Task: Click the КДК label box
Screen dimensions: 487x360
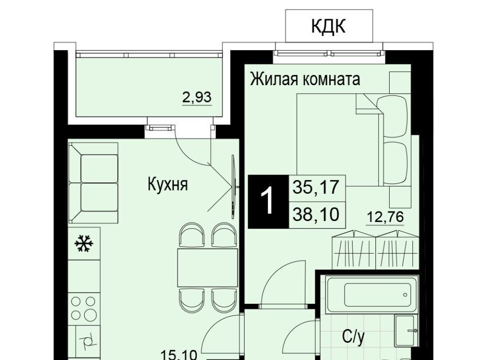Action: tap(329, 26)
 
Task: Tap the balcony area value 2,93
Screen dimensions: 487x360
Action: tap(197, 97)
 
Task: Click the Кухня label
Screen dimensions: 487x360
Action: tap(168, 185)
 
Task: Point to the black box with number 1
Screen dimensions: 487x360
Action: tap(268, 202)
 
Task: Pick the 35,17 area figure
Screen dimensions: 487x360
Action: tap(316, 187)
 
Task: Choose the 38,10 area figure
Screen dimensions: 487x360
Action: tap(316, 214)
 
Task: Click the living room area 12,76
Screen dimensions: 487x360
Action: tap(385, 217)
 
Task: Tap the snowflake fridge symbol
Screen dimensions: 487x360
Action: tap(84, 243)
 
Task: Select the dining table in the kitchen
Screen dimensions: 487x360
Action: tap(207, 267)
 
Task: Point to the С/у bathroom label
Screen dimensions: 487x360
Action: tap(353, 337)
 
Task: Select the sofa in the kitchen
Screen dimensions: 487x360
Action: tap(93, 183)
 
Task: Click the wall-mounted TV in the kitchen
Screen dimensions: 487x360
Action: tap(233, 187)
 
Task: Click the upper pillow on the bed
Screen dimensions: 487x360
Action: tap(392, 117)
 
